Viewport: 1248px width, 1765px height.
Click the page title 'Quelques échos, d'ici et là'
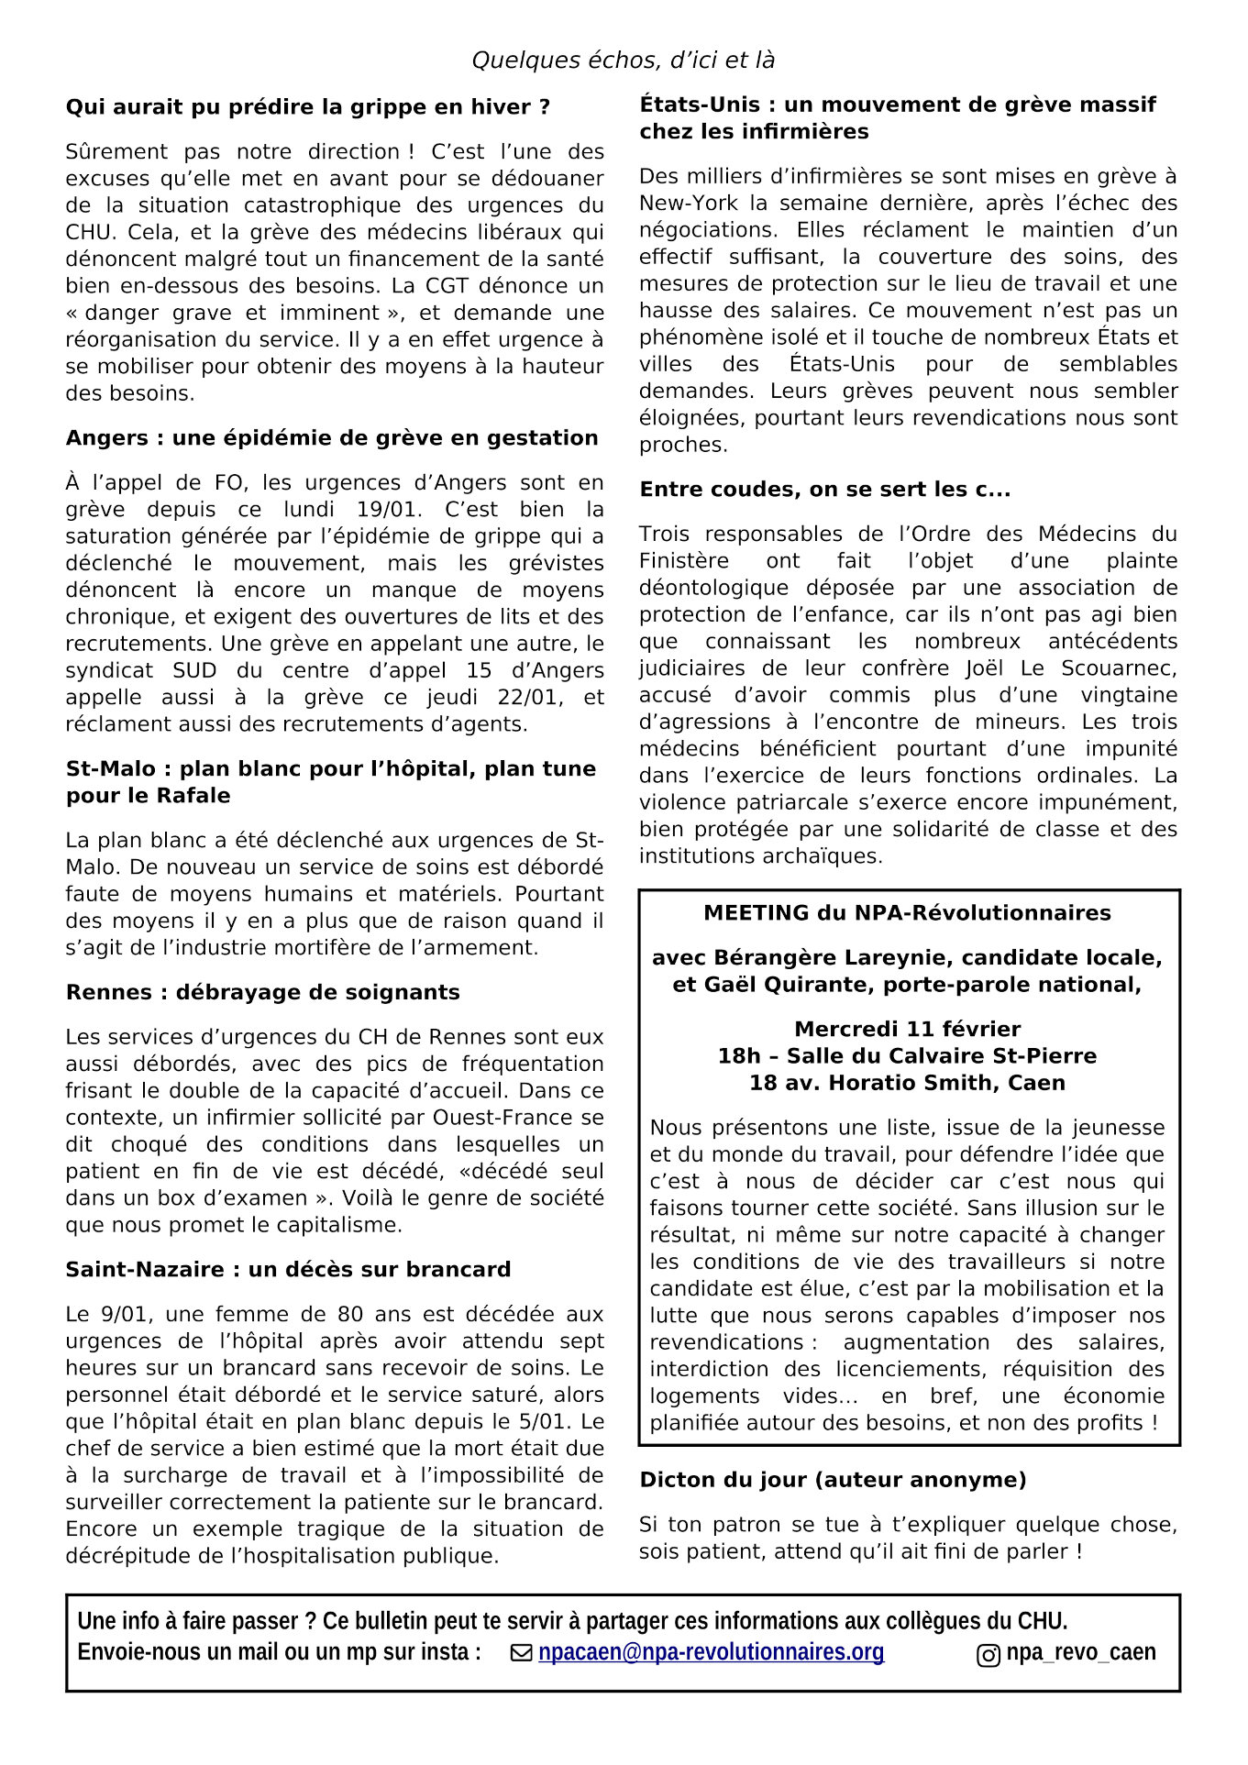(623, 61)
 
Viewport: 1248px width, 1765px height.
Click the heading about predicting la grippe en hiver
(307, 107)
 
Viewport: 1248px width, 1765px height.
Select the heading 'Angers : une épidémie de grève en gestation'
(331, 438)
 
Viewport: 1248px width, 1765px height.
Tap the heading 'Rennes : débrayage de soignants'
(262, 992)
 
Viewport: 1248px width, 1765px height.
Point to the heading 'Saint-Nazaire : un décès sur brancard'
(288, 1270)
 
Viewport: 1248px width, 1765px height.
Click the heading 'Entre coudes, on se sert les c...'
(824, 490)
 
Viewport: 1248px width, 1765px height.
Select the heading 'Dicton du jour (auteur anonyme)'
(833, 1480)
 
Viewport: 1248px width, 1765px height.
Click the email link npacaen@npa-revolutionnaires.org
(711, 1652)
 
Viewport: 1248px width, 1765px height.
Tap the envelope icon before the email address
(522, 1653)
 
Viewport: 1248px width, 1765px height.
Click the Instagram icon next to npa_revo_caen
(988, 1655)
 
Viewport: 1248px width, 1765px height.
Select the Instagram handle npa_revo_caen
(1081, 1652)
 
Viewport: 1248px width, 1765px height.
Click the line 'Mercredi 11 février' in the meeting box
(907, 1029)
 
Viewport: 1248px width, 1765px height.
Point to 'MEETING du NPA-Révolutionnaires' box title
(907, 913)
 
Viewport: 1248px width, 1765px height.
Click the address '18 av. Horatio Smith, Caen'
(907, 1083)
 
